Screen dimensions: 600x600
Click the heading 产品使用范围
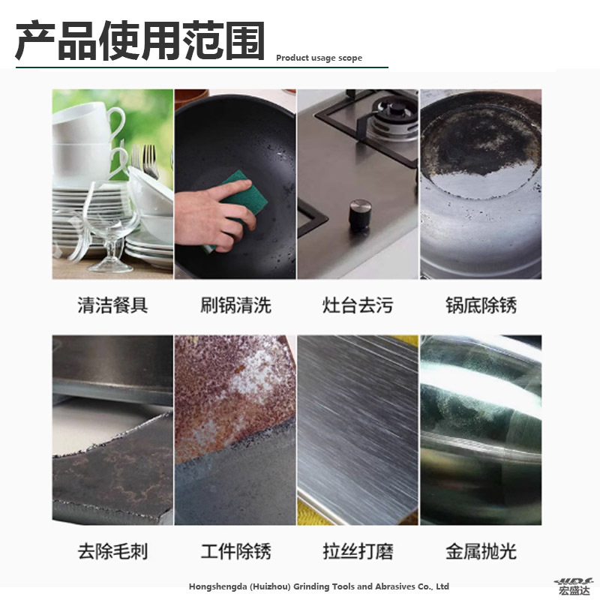click(x=140, y=41)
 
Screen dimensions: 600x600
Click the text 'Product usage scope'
click(x=319, y=58)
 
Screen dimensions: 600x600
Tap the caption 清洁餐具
click(x=112, y=305)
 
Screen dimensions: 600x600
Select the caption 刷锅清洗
click(x=235, y=305)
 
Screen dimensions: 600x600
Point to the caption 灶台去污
click(x=358, y=305)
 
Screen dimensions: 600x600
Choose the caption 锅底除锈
click(x=481, y=305)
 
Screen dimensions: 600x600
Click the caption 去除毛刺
click(x=112, y=551)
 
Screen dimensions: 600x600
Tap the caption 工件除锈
click(x=235, y=551)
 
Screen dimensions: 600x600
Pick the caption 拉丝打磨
click(x=358, y=551)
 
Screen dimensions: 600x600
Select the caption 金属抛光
click(x=481, y=551)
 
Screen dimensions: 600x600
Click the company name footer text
click(x=319, y=586)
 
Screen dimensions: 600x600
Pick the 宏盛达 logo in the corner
click(x=574, y=586)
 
